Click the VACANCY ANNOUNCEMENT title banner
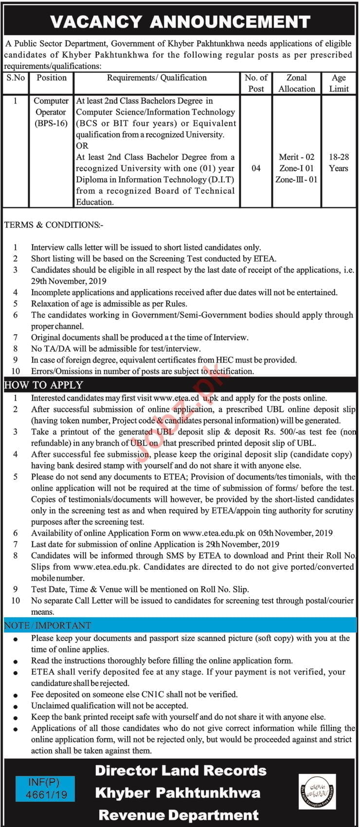180,21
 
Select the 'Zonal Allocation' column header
297,83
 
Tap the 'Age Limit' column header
339,83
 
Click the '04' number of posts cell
256,168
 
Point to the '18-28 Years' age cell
339,162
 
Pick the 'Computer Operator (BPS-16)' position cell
51,112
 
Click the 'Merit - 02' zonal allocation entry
297,157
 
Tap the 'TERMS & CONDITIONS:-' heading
54,225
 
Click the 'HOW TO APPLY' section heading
44,385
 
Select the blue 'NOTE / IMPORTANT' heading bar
48,625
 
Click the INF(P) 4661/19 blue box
45,789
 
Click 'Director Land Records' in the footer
180,771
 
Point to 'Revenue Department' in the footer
179,815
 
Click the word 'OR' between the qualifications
82,145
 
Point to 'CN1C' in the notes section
130,695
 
